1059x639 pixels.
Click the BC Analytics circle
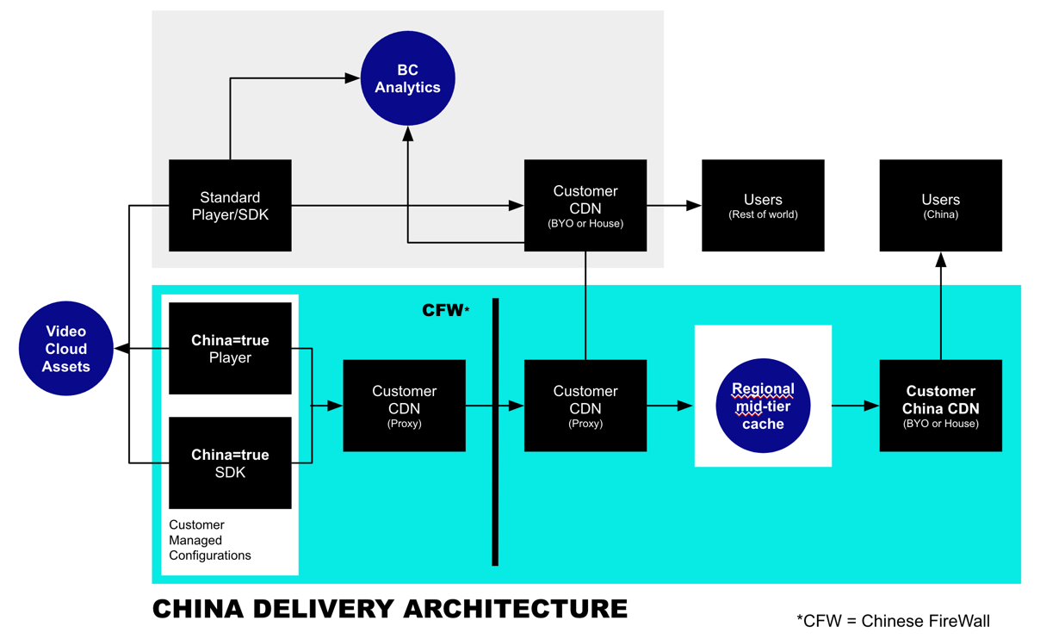[x=407, y=79]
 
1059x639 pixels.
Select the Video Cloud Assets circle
[x=66, y=349]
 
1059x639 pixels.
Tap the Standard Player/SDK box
[x=230, y=206]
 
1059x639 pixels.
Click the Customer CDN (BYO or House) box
[x=585, y=206]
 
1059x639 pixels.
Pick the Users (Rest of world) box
[x=763, y=206]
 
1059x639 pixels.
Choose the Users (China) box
[x=940, y=206]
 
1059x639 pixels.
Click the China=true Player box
[x=230, y=349]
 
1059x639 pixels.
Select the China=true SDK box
[x=230, y=463]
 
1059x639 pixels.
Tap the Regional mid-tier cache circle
[x=763, y=405]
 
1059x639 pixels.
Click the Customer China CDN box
[x=940, y=406]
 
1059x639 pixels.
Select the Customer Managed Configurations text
[x=210, y=540]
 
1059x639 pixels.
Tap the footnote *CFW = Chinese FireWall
[x=893, y=620]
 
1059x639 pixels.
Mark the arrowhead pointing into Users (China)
[x=941, y=259]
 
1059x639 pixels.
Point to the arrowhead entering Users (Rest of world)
[x=694, y=206]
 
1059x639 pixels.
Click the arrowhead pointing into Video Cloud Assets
[x=121, y=349]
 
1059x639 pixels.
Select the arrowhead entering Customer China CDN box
[x=871, y=406]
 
